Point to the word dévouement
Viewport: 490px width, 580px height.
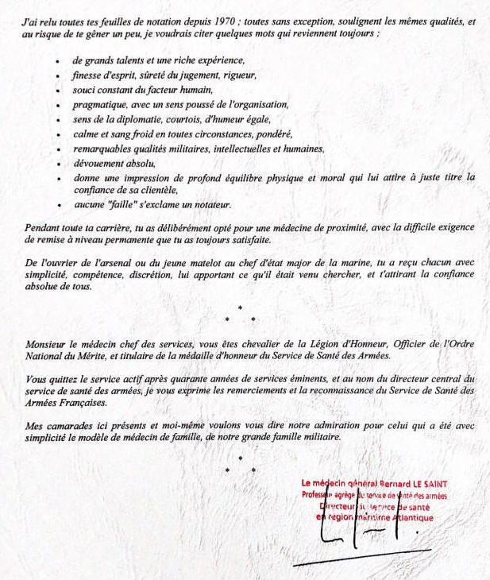[x=98, y=163]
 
